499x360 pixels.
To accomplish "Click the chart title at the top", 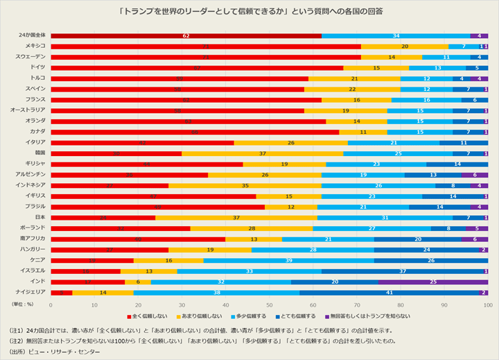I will click(249, 12).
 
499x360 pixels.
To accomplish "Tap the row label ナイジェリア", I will click(32, 292).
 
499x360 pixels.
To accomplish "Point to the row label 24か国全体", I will click(32, 35).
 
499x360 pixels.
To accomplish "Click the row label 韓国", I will click(40, 153).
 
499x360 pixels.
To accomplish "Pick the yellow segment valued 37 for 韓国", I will click(263, 153).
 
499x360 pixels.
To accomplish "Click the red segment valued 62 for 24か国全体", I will click(186, 35).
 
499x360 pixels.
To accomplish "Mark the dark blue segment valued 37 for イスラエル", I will click(403, 271).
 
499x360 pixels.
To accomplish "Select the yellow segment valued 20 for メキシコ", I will click(405, 46).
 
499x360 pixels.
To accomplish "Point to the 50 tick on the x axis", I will click(270, 305).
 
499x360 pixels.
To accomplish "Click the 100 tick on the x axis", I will click(487, 305).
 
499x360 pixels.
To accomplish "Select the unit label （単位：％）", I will click(25, 305).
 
